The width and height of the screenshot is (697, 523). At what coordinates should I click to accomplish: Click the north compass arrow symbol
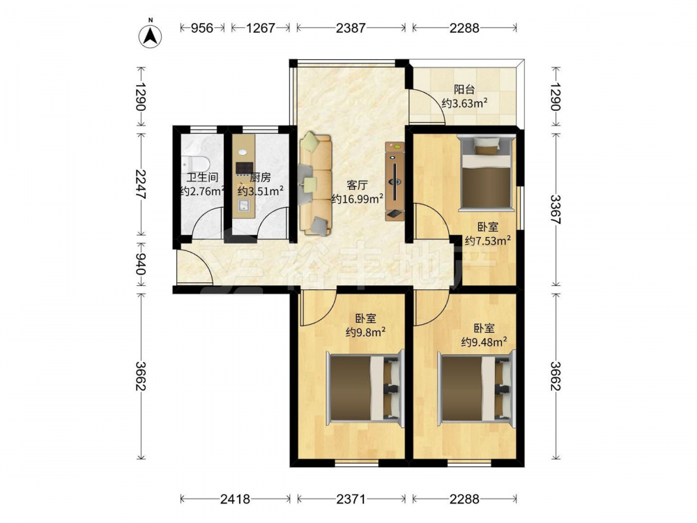(x=151, y=36)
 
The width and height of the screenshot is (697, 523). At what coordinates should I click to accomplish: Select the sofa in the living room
(x=316, y=185)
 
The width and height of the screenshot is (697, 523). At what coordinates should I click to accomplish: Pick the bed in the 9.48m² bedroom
(x=477, y=386)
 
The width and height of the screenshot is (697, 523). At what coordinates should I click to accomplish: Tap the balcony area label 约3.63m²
(x=464, y=104)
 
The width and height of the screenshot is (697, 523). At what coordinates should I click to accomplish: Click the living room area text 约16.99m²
(x=358, y=199)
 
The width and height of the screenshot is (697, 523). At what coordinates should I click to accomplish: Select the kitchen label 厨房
(x=260, y=177)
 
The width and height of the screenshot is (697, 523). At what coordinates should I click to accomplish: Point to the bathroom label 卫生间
(x=202, y=177)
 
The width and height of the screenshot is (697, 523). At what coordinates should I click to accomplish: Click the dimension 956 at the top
(x=202, y=28)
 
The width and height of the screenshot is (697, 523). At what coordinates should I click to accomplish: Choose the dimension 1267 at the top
(x=261, y=28)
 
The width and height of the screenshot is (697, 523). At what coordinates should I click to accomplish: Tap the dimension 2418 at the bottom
(x=235, y=499)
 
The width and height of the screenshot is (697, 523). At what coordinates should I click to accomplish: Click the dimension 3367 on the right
(x=556, y=209)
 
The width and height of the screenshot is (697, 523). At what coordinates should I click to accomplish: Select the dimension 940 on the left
(x=141, y=264)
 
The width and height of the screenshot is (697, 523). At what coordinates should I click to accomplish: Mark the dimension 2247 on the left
(x=141, y=184)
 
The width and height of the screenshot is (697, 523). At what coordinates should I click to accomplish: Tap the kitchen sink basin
(x=243, y=205)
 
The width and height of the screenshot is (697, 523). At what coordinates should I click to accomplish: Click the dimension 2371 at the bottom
(x=351, y=499)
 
